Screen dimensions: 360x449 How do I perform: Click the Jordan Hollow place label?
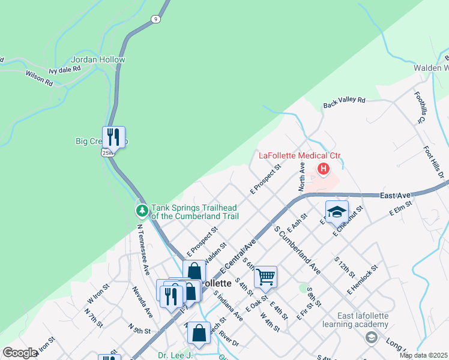pos(98,59)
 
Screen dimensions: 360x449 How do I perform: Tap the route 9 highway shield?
pos(156,19)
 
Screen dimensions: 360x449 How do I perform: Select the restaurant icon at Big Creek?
pos(113,137)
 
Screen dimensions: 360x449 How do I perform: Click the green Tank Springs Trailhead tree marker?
pos(142,211)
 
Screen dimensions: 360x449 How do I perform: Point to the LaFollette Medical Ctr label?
pos(300,155)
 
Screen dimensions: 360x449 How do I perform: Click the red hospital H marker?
pos(324,169)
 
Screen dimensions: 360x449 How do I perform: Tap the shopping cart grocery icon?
pos(265,277)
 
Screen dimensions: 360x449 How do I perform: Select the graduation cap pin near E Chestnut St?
pos(337,211)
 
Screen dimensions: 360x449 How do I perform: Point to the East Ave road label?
pos(394,196)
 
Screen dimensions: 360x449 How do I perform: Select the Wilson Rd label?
pos(39,78)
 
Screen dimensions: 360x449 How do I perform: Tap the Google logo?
pos(19,353)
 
